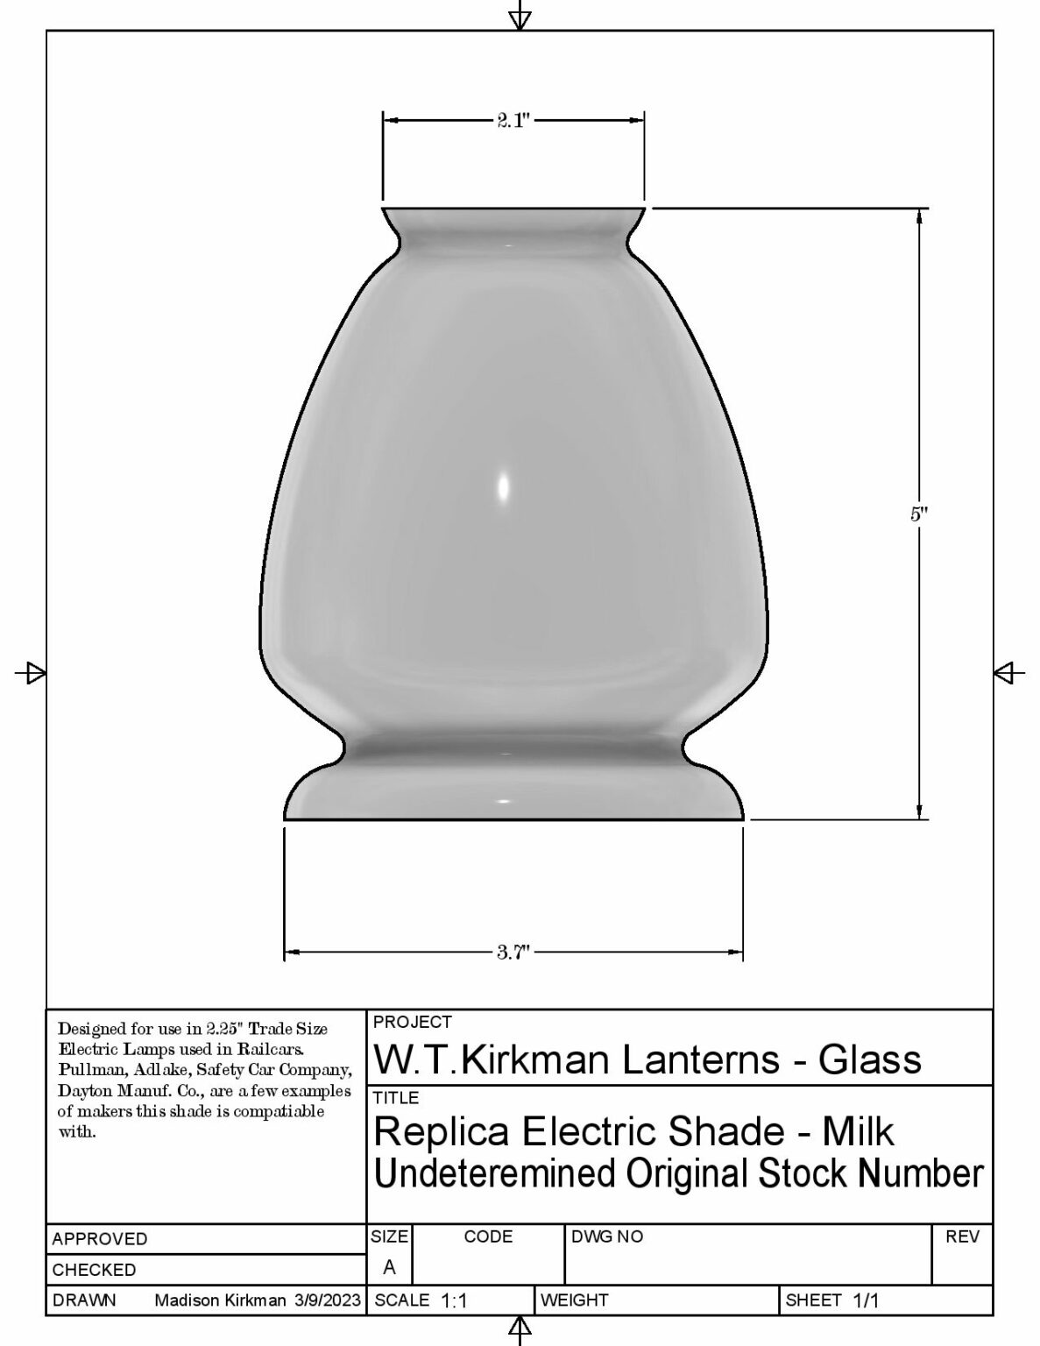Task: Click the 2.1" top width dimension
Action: [513, 121]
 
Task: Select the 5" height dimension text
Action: [918, 514]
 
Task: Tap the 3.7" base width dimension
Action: [513, 953]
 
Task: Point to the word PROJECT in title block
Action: [412, 1022]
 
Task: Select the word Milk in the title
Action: [857, 1131]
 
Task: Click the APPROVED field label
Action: [100, 1239]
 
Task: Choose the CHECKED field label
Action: [95, 1270]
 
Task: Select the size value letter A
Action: [389, 1268]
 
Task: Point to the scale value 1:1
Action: [454, 1301]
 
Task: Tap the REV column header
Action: [962, 1236]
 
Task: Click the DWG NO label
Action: [606, 1236]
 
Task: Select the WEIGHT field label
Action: [575, 1300]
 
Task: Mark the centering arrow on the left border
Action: [33, 673]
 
